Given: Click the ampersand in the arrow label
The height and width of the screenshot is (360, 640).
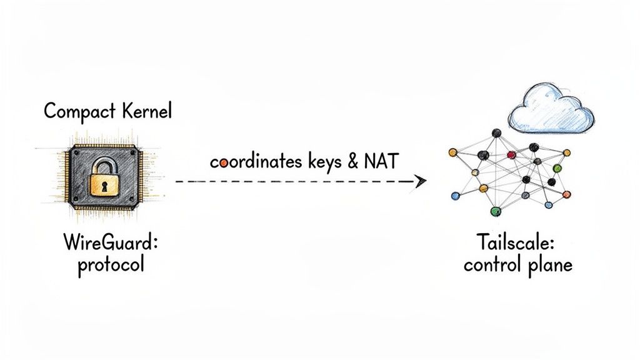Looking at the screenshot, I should click(352, 162).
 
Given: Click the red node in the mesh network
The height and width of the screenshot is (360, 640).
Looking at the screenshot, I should click(511, 154).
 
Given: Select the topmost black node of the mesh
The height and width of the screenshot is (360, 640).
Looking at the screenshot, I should click(496, 132).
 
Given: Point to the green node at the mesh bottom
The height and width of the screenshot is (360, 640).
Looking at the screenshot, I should click(496, 211).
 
